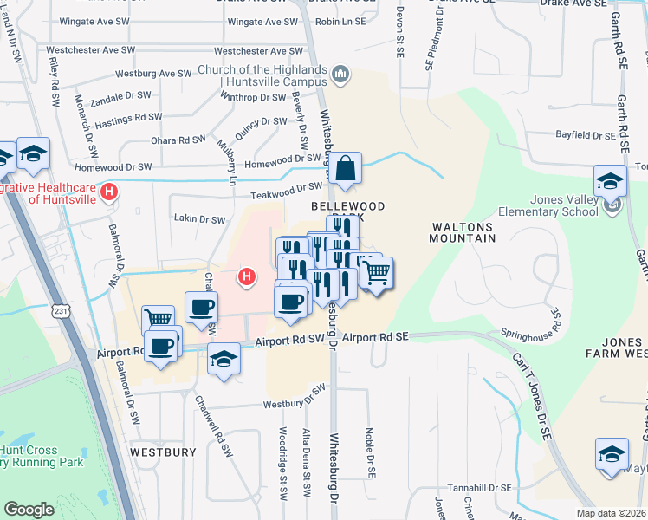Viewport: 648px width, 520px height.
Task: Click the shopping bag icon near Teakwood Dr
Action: [345, 170]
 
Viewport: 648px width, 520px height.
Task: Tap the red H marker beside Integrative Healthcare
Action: [109, 192]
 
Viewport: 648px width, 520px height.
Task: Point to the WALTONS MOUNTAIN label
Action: [463, 231]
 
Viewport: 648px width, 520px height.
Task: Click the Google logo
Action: [29, 510]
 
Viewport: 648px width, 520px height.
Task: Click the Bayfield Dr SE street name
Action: [585, 136]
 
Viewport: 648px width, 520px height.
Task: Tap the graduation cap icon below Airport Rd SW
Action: [224, 360]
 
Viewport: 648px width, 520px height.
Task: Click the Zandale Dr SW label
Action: [120, 97]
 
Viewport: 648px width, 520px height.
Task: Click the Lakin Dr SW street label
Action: [199, 219]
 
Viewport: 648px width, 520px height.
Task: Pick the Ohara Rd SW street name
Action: [178, 140]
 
